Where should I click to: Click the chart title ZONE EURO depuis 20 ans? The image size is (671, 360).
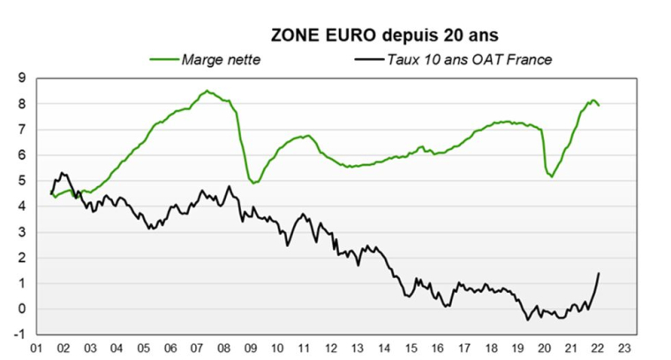click(384, 35)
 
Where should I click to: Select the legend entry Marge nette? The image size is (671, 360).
click(221, 59)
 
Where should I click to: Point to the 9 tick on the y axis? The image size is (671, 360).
click(21, 79)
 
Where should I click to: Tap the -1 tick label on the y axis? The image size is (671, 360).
click(19, 334)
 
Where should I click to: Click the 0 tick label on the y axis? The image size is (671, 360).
click(21, 309)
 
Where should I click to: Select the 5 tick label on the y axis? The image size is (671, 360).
click(21, 181)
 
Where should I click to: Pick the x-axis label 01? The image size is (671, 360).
click(38, 349)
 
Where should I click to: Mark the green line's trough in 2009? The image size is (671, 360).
click(254, 183)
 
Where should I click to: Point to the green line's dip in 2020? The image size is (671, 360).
click(553, 177)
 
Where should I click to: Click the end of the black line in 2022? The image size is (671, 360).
click(600, 273)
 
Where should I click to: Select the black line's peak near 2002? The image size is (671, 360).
click(61, 173)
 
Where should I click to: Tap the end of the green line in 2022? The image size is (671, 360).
click(600, 106)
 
